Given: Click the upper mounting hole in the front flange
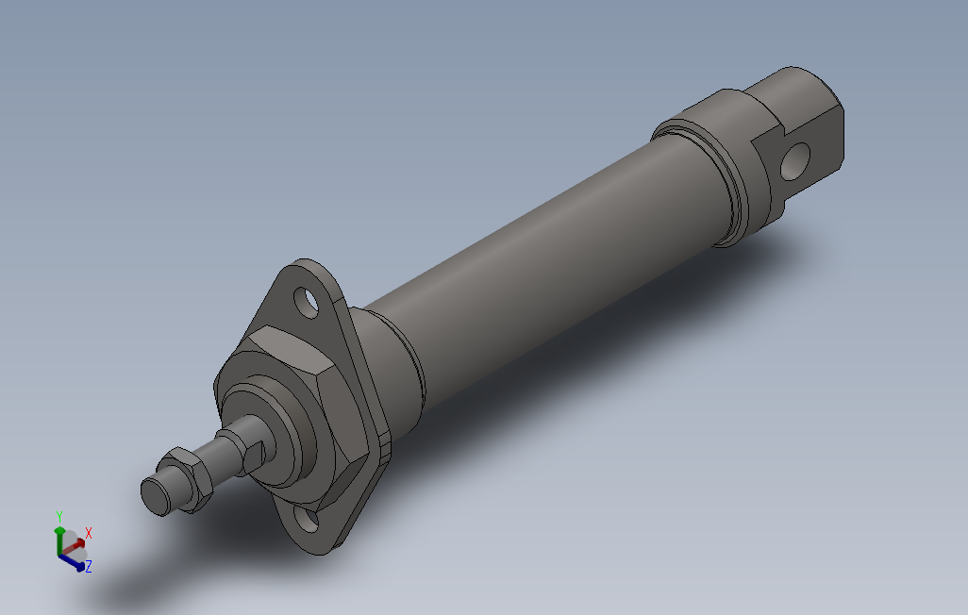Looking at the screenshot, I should point(307,301).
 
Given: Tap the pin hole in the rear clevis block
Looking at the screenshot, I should point(795,160).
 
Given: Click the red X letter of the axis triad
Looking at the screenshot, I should point(89,533).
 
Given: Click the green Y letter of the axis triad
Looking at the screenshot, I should point(58,516).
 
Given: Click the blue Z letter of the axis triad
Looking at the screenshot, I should point(89,567).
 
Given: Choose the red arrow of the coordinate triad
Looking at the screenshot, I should point(75,542).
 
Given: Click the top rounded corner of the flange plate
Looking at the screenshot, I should point(307,274).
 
